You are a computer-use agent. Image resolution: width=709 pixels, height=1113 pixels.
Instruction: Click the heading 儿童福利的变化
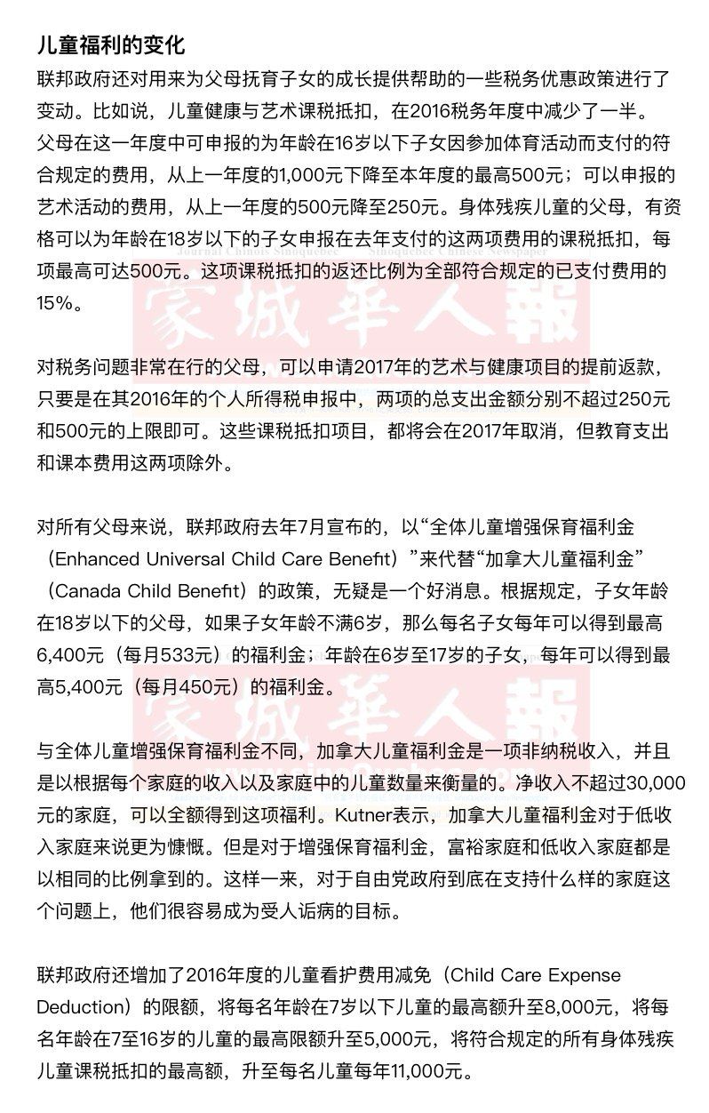coord(110,45)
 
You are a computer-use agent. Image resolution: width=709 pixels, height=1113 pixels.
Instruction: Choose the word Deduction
coord(80,1007)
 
